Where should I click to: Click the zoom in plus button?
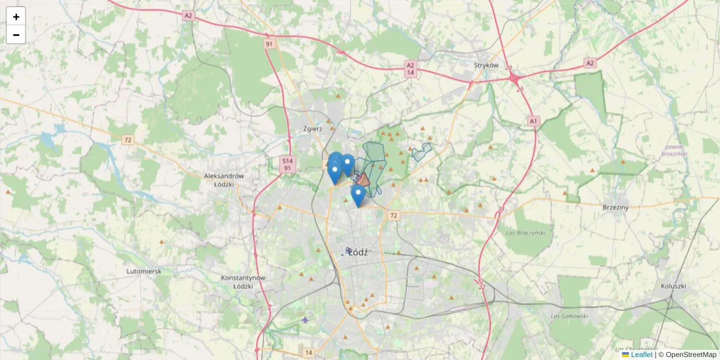(16, 17)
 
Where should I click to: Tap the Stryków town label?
(486, 65)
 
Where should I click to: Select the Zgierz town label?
(313, 128)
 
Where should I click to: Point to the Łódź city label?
(358, 253)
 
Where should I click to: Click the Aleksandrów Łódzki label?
(224, 179)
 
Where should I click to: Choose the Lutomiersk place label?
(144, 271)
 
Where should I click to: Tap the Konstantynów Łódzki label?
(243, 282)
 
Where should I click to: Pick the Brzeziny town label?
(615, 207)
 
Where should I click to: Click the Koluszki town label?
(673, 286)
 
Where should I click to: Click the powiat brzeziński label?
(674, 151)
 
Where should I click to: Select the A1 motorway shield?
(533, 121)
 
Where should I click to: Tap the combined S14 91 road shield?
(287, 164)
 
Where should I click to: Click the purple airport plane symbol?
(306, 319)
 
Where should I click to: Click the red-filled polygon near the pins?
(364, 179)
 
